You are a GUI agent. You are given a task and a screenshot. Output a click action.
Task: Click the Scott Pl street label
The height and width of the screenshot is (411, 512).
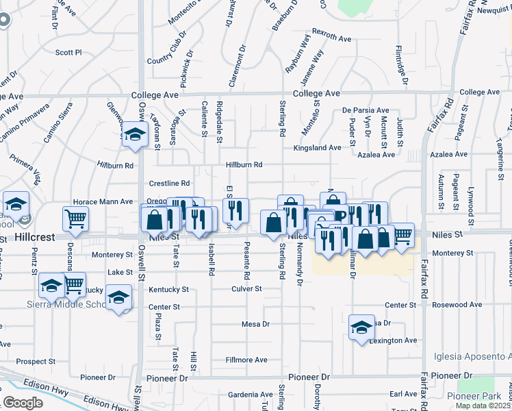pyautogui.click(x=68, y=52)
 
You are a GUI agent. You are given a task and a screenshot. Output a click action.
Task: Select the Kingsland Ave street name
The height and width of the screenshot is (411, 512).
pyautogui.click(x=317, y=148)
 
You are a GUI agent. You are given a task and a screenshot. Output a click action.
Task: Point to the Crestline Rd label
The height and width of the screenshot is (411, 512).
pyautogui.click(x=169, y=184)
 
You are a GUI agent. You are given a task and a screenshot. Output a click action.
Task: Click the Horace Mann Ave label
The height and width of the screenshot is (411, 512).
pyautogui.click(x=103, y=202)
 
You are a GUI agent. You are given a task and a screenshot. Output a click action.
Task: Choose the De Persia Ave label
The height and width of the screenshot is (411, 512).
pyautogui.click(x=366, y=110)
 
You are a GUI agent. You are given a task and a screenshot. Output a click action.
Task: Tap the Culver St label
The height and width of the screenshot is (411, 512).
pyautogui.click(x=247, y=289)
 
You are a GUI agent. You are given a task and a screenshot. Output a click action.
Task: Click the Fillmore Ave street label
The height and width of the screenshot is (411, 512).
pyautogui.click(x=247, y=360)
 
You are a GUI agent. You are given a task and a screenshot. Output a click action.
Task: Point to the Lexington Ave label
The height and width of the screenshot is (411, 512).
pyautogui.click(x=393, y=340)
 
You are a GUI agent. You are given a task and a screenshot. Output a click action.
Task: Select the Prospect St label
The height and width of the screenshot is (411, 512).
pyautogui.click(x=36, y=362)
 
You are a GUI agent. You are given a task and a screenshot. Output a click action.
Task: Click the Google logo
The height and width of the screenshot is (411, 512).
pyautogui.click(x=23, y=403)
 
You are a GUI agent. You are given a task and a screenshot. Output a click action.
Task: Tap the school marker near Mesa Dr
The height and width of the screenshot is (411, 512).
pyautogui.click(x=361, y=327)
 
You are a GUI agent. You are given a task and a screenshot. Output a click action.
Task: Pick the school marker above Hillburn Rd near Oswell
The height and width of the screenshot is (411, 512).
pyautogui.click(x=135, y=133)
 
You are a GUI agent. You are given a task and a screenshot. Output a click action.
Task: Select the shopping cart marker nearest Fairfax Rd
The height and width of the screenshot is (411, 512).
pyautogui.click(x=402, y=234)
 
